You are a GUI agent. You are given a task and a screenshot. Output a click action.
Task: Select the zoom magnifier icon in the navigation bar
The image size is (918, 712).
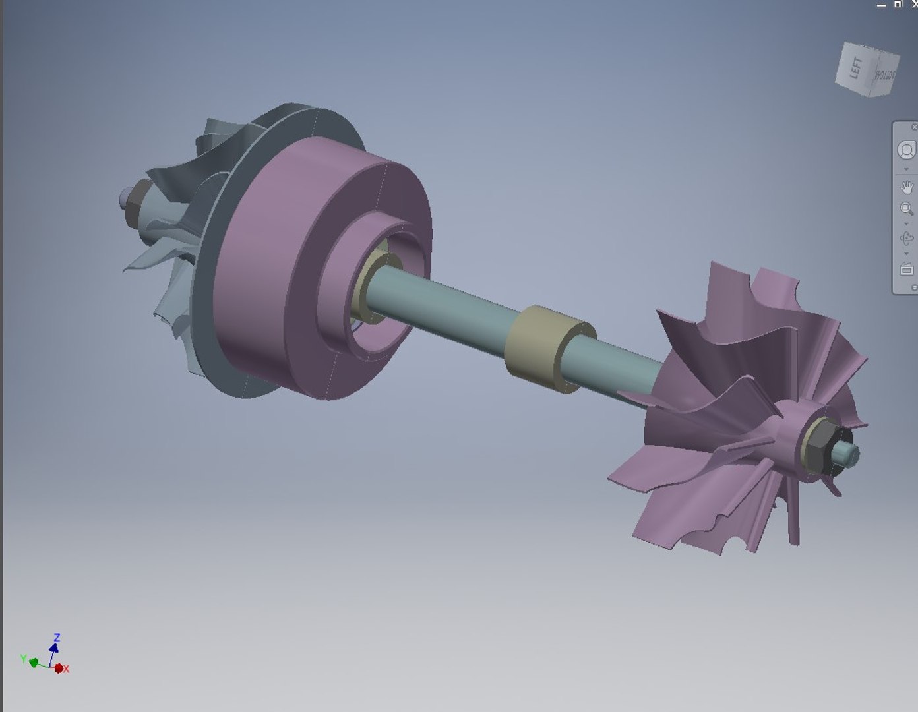907,209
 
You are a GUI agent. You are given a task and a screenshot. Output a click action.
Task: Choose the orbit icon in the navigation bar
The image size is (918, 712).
907,238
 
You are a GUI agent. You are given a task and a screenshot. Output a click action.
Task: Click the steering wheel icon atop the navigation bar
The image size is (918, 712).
907,150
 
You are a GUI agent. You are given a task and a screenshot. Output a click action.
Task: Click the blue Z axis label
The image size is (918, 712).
57,638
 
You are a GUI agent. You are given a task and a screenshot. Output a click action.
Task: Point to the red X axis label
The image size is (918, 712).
67,668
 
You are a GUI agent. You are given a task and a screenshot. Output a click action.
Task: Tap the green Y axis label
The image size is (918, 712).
23,659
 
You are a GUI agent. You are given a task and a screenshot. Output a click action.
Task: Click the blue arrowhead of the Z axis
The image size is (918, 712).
54,647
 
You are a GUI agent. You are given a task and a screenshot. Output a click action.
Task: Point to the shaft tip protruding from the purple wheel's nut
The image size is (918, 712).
848,453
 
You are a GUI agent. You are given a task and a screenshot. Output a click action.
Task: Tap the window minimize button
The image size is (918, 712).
882,5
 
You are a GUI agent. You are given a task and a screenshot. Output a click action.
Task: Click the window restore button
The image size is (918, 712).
898,5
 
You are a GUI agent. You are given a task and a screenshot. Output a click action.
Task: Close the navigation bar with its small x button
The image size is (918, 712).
913,127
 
